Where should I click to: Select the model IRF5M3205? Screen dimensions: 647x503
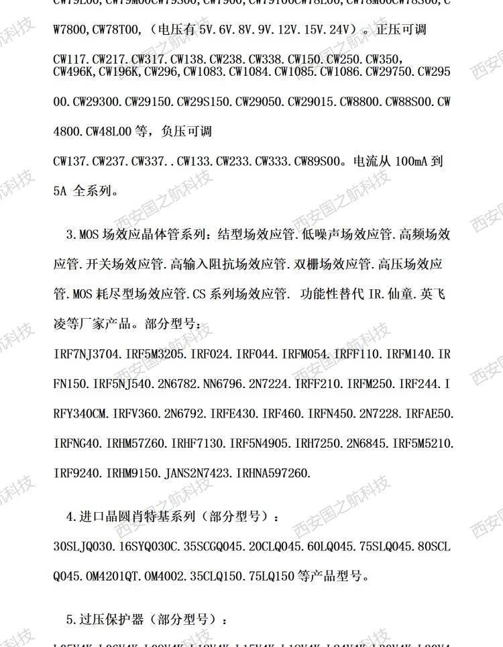click(x=154, y=352)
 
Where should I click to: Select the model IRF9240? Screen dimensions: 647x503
click(x=76, y=473)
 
